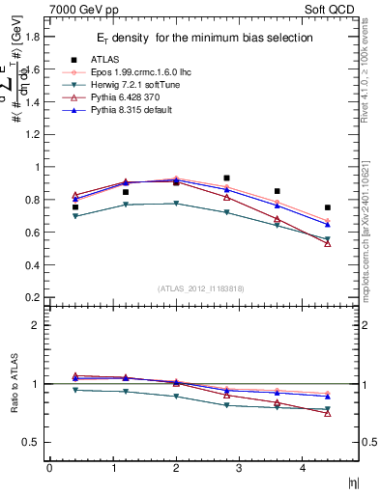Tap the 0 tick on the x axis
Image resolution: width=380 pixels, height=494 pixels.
pyautogui.click(x=48, y=468)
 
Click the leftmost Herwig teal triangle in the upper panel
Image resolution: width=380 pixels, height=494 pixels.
pyautogui.click(x=75, y=216)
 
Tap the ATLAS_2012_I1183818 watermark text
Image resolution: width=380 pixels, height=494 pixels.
pyautogui.click(x=202, y=288)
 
